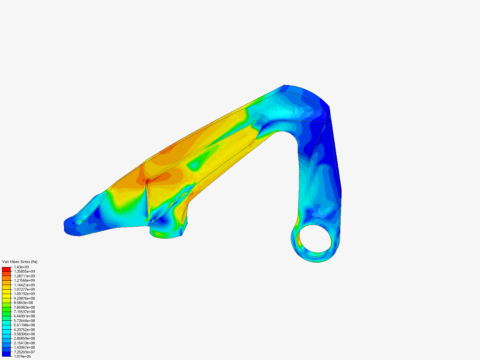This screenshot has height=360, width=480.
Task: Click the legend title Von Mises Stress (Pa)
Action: coord(20,262)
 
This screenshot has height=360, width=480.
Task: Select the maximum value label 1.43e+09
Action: coord(21,267)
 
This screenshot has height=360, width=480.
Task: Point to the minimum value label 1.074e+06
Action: coord(23,356)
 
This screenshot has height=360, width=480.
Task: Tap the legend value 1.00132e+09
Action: coord(24,294)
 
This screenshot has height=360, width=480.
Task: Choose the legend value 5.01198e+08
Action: coord(24,325)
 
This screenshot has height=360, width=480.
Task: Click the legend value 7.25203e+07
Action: coord(24,352)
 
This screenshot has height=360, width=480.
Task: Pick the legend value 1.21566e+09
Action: coord(24,280)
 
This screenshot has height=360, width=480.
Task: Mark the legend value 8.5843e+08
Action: coord(23,303)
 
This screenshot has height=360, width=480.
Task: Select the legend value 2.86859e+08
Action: coord(24,338)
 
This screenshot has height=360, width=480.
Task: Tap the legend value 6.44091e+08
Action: coord(24,316)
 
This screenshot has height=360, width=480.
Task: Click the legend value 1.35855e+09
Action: coord(24,271)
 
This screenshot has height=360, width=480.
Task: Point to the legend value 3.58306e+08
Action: coord(24,334)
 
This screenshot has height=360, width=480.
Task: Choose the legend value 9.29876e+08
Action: coord(24,298)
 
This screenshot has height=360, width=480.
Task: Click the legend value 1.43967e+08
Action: coord(24,347)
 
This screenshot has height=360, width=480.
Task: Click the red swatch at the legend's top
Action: coord(6,269)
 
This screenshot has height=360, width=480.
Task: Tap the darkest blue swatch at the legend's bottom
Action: coord(6,354)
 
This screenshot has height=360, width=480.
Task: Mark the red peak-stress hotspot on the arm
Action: coord(147,181)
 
